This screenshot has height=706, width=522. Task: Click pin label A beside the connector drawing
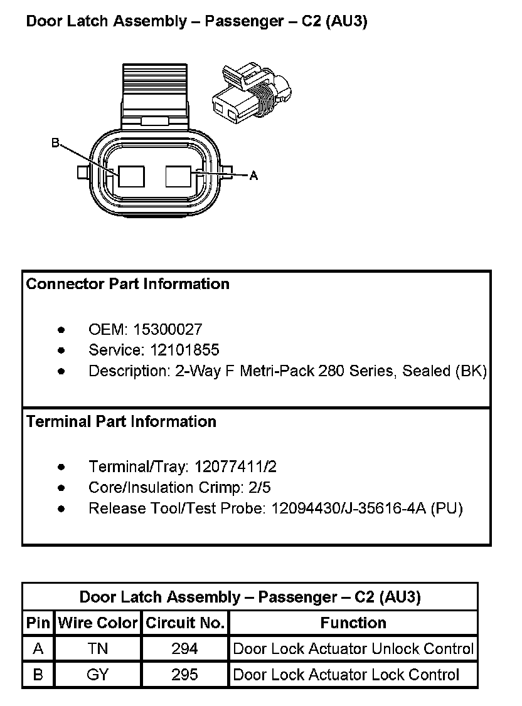(253, 176)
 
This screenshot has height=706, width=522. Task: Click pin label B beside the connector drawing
(55, 144)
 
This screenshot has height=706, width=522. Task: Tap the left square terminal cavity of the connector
(131, 177)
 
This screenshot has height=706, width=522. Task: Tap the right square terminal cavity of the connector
(178, 176)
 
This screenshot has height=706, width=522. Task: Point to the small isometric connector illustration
(252, 92)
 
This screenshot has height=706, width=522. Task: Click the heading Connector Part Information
(128, 284)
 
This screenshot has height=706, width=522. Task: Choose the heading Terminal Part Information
(121, 422)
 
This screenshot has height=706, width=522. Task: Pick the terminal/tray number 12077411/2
(235, 467)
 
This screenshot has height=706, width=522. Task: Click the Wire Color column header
(98, 623)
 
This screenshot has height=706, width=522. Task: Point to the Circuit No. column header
(185, 623)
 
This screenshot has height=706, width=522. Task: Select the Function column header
(353, 623)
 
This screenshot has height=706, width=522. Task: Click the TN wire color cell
(98, 649)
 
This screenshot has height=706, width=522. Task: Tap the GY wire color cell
(98, 675)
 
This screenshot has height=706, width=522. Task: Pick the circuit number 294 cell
(185, 649)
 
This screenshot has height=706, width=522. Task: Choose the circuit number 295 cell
(185, 675)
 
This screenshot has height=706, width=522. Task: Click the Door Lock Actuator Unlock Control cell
(353, 649)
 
